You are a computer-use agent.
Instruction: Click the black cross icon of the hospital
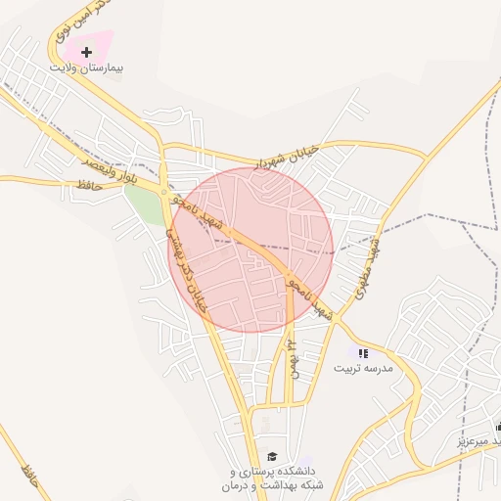pyautogui.click(x=87, y=51)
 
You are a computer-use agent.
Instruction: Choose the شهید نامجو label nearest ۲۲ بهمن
pyautogui.click(x=309, y=298)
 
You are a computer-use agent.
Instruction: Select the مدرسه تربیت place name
pyautogui.click(x=363, y=369)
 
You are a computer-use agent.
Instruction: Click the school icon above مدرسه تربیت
pyautogui.click(x=363, y=353)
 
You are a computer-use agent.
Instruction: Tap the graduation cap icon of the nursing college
pyautogui.click(x=272, y=456)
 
